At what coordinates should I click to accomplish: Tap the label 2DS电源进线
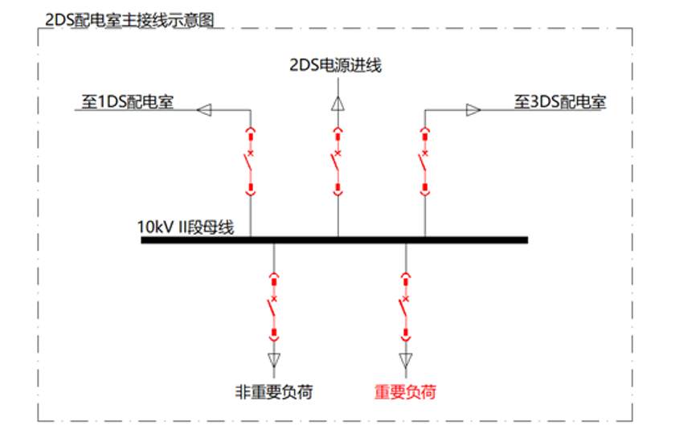336,65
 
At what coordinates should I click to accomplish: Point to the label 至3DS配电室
560,102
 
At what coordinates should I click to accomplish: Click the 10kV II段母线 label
186,227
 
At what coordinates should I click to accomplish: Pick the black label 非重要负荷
273,392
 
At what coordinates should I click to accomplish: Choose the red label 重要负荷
406,392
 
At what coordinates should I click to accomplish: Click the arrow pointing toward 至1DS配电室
205,110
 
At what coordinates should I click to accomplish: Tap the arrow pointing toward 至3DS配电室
473,110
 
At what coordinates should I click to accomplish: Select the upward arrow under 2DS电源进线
338,103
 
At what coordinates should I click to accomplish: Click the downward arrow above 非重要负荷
274,358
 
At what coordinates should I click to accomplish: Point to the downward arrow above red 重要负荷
406,358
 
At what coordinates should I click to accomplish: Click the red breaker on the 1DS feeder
250,161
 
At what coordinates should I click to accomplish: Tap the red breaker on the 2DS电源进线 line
338,161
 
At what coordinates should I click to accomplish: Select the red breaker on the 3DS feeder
425,161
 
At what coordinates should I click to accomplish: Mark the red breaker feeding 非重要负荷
274,305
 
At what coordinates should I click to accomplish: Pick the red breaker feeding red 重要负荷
406,305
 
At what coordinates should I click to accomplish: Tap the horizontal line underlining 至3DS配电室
555,110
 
